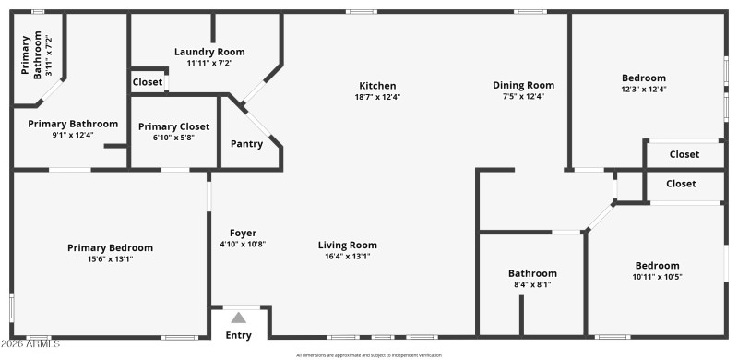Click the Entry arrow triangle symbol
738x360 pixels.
238,318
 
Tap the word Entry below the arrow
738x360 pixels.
238,335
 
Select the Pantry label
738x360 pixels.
246,143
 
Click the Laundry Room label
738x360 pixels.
209,52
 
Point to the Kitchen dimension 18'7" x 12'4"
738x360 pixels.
377,97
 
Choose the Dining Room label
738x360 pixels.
523,85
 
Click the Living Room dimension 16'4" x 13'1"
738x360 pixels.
348,257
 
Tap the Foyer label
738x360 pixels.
243,233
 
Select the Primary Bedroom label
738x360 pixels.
110,247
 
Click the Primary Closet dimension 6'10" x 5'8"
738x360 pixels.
173,138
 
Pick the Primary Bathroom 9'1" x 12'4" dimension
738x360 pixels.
73,135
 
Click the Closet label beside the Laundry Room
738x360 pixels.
148,82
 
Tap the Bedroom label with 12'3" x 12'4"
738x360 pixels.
643,78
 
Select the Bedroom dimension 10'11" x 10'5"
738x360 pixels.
657,277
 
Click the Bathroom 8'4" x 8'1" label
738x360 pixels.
532,273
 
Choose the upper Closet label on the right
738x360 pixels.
684,154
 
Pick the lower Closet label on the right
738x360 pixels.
681,184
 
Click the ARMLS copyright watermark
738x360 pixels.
30,344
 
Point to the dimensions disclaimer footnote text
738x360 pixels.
369,355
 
